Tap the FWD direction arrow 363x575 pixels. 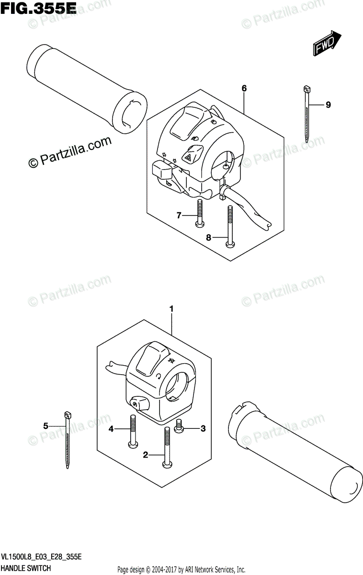(328, 45)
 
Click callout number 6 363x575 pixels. (244, 88)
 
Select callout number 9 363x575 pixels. (328, 105)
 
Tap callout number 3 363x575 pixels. (203, 428)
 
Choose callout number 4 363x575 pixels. (111, 429)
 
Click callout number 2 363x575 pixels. (146, 455)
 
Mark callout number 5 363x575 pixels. (46, 425)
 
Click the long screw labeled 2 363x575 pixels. (167, 447)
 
